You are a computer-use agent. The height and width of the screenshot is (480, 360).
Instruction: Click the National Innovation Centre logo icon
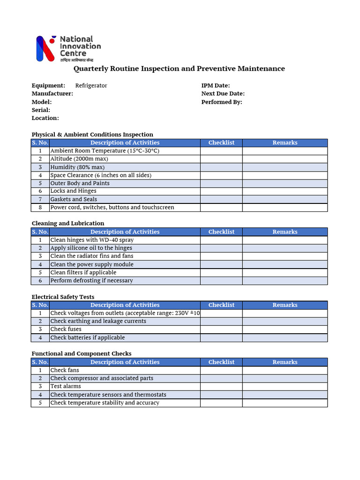(46, 49)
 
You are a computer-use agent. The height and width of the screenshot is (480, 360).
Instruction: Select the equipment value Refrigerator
(91, 86)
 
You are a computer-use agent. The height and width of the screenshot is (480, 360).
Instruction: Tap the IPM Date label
(216, 86)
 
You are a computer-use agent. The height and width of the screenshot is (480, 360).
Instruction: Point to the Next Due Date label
(223, 94)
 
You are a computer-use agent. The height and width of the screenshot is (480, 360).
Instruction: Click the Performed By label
(222, 102)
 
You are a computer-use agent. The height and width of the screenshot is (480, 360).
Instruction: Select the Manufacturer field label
(52, 94)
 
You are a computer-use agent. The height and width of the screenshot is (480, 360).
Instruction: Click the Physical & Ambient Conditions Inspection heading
(92, 135)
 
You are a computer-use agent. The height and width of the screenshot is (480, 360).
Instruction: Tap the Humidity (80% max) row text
(77, 167)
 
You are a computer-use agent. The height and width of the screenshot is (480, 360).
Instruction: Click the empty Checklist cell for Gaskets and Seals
(221, 199)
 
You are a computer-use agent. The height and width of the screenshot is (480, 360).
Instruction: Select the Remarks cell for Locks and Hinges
(285, 191)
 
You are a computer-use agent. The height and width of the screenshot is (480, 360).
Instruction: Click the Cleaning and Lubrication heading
(68, 224)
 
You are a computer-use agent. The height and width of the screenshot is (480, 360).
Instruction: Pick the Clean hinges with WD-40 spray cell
(92, 240)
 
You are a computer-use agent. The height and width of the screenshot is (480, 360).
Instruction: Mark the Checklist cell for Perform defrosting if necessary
(221, 281)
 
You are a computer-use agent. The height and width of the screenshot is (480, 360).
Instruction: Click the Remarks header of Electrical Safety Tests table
(285, 305)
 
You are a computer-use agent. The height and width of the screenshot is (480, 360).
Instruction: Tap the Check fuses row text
(66, 330)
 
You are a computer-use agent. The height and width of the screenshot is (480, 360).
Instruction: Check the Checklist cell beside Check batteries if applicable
(221, 338)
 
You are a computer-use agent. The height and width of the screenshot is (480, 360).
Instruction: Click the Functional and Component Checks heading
(82, 354)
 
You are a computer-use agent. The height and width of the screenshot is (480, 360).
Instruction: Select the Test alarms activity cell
(66, 387)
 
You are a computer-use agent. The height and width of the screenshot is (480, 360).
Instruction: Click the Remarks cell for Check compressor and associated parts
(285, 378)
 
